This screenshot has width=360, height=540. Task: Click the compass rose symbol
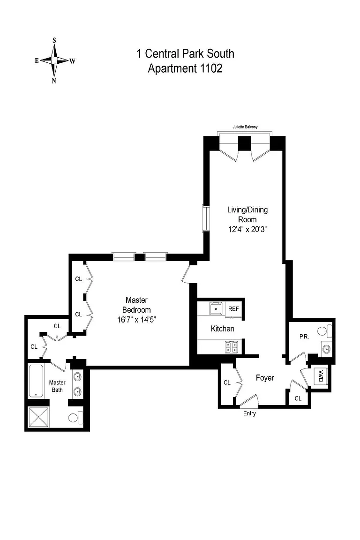[x=54, y=60]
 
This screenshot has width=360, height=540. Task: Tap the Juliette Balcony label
[x=245, y=127]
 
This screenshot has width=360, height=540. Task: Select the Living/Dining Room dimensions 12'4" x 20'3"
[x=247, y=229]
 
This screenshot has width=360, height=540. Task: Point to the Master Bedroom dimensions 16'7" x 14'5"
[x=136, y=320]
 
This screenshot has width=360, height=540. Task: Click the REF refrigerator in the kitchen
[x=233, y=309]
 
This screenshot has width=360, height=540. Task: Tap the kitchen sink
[x=216, y=308]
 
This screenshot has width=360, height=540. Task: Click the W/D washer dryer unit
[x=321, y=376]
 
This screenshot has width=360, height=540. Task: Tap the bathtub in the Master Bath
[x=36, y=381]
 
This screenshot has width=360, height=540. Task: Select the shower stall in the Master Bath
[x=38, y=417]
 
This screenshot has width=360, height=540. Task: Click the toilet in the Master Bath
[x=75, y=418]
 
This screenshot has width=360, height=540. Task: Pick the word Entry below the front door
[x=249, y=413]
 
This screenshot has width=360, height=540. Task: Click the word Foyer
[x=265, y=378]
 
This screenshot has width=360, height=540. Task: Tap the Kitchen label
[x=223, y=329]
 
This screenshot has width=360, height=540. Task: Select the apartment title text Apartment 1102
[x=185, y=68]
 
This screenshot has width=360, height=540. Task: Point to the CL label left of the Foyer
[x=227, y=382]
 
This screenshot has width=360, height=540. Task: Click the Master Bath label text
[x=57, y=386]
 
